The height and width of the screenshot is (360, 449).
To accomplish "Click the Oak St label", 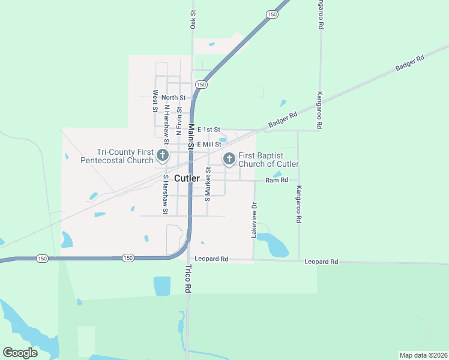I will point(193,19).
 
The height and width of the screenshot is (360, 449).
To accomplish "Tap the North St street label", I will point(173,97).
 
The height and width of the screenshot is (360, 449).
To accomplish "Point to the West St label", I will point(155,101).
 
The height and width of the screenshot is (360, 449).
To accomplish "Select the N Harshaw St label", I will point(167,123).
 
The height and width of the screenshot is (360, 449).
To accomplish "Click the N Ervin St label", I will point(179,118).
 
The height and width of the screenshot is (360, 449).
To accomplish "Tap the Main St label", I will point(191,136).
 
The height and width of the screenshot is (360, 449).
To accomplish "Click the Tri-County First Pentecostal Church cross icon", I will point(161,156).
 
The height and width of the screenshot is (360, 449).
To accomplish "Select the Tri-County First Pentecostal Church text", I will point(117,157).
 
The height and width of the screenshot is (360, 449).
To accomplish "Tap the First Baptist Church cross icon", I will point(229,159).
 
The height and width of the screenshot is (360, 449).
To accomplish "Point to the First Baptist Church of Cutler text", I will point(268,160).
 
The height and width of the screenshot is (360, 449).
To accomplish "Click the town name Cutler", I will point(187,178).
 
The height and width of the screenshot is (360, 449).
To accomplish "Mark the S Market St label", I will point(208,184).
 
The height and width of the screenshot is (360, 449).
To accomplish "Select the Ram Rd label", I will point(277,179).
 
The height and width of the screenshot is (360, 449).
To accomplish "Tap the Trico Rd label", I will point(188,278).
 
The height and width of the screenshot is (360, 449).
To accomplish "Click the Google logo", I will point(20,352).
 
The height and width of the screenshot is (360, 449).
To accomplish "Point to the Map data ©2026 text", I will point(423,355).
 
